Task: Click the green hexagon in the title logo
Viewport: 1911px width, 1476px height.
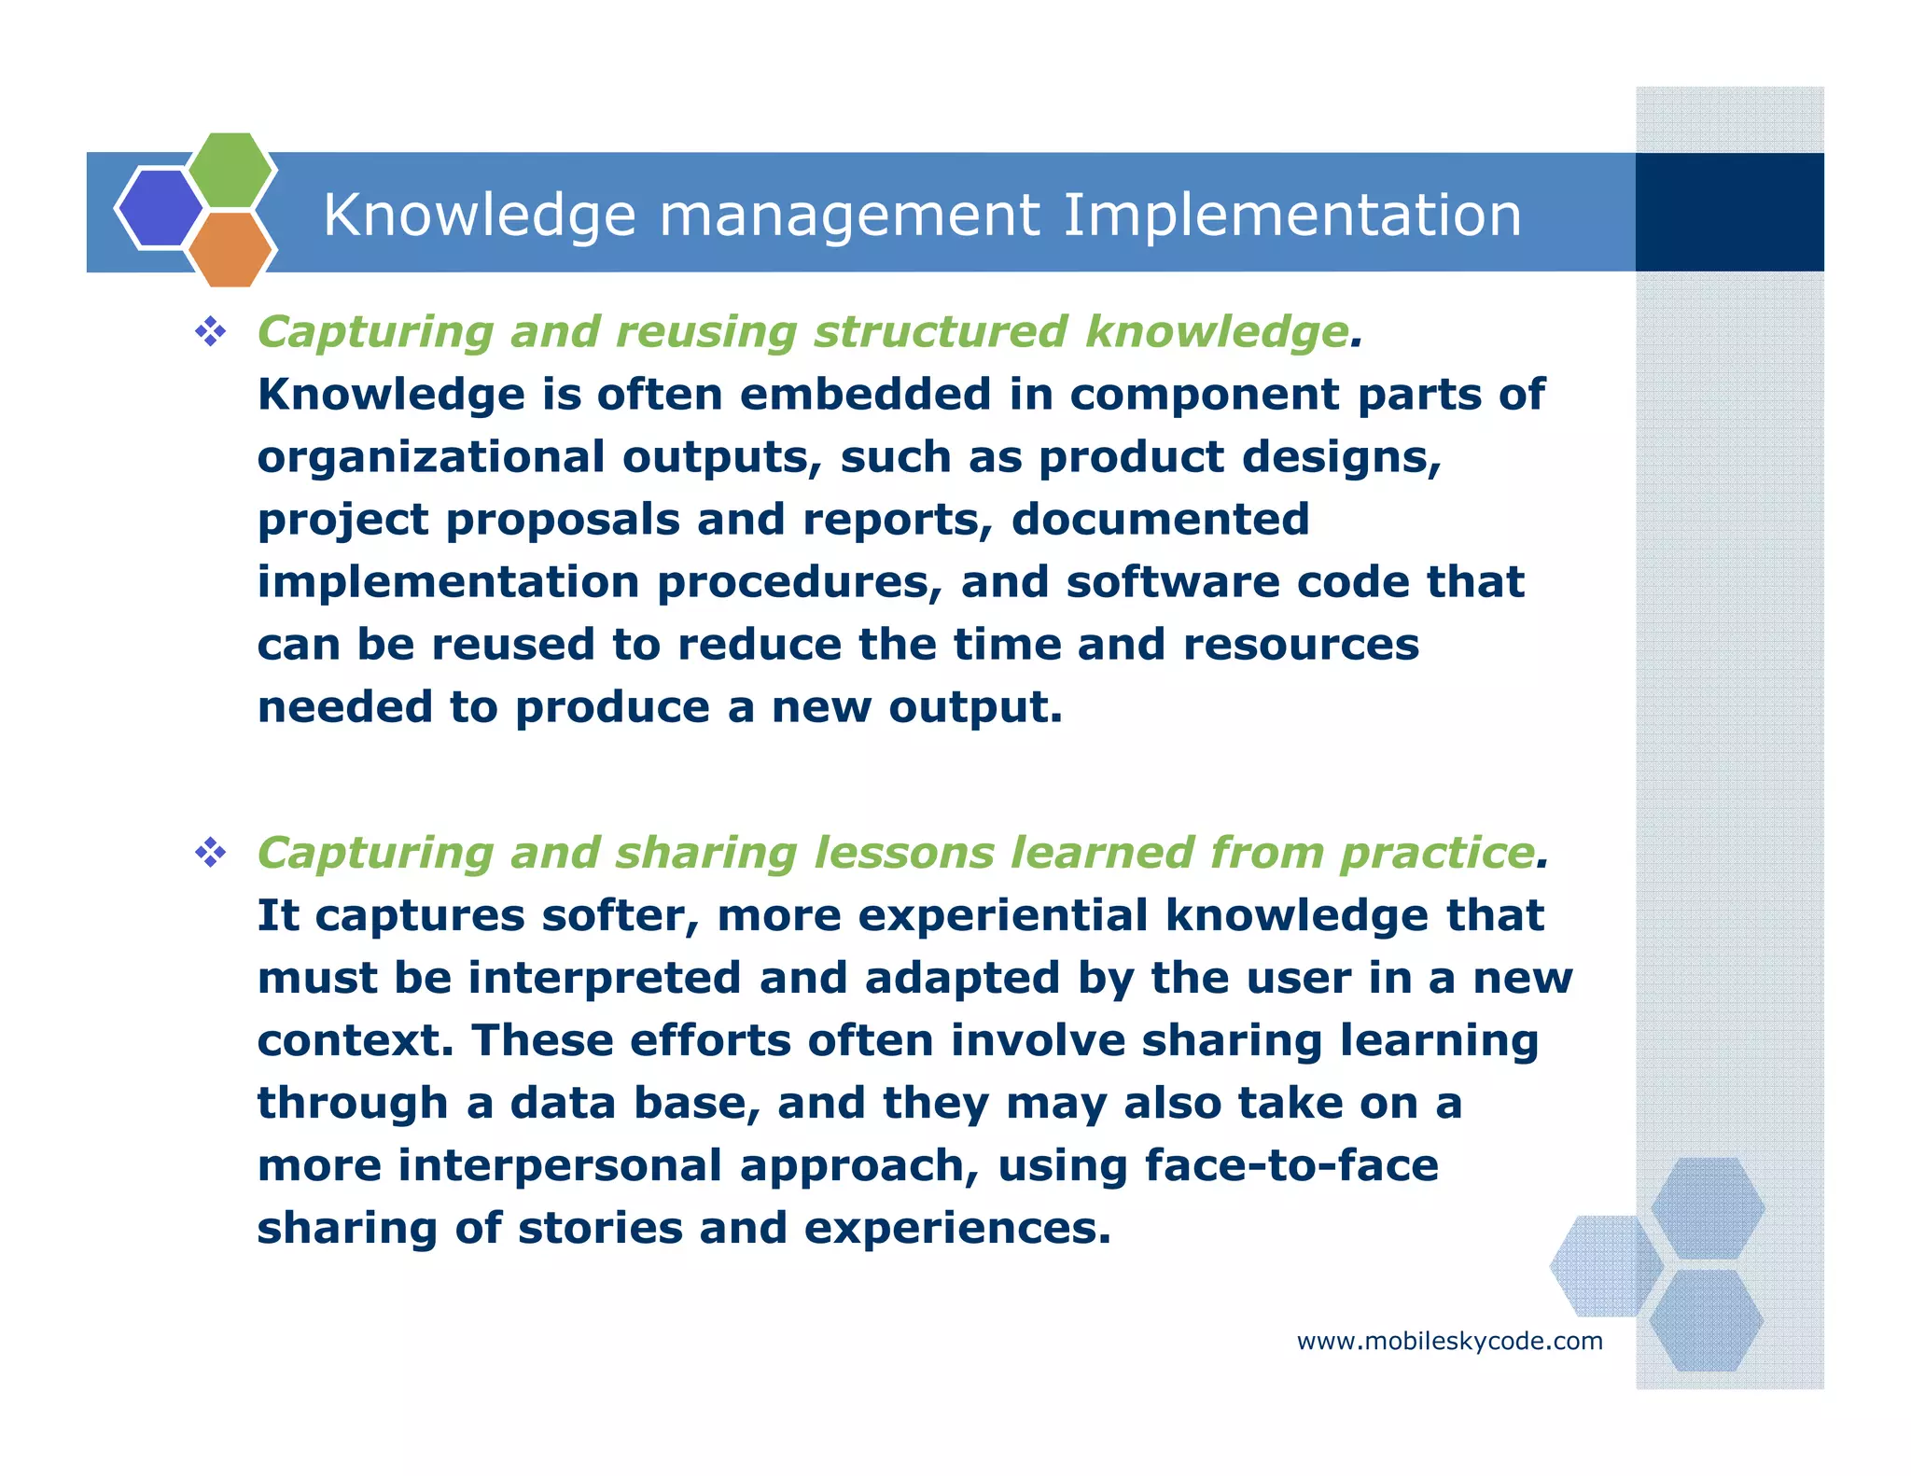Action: (230, 170)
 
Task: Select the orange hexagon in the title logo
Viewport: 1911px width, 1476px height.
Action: (230, 249)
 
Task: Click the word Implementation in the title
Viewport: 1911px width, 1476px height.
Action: (1292, 216)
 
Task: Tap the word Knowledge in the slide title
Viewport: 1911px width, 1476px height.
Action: (480, 216)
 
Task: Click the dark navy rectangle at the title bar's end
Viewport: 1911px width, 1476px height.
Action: (1729, 213)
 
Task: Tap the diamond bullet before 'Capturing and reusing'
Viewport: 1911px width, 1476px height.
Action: (211, 331)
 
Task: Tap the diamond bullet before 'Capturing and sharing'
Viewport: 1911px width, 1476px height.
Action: (211, 852)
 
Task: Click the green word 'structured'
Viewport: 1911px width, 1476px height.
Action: (940, 332)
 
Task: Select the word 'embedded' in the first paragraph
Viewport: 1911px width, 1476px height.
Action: (865, 395)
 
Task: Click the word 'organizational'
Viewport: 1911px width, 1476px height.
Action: (431, 457)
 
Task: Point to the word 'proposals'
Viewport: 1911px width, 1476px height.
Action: (563, 520)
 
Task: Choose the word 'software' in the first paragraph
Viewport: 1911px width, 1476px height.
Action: (1172, 582)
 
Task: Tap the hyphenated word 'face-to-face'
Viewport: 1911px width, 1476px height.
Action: (1291, 1165)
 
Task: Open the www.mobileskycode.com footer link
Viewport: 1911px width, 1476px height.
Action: (1449, 1342)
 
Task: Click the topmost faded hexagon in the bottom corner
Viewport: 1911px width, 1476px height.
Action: (1707, 1207)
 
